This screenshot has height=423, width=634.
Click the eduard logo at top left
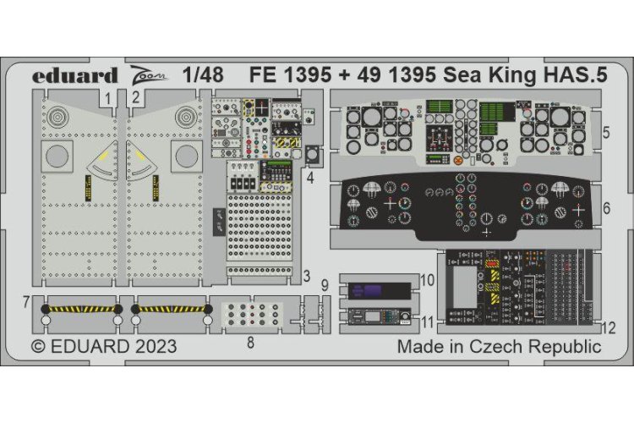[74, 74]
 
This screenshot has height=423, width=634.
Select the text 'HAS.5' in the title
[572, 74]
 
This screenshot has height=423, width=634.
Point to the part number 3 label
[308, 276]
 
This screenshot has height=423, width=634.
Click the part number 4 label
[311, 178]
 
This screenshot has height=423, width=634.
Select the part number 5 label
[608, 133]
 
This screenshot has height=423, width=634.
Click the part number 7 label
[26, 302]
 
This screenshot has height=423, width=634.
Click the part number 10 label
[427, 277]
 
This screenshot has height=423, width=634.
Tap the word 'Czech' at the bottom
[503, 347]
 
